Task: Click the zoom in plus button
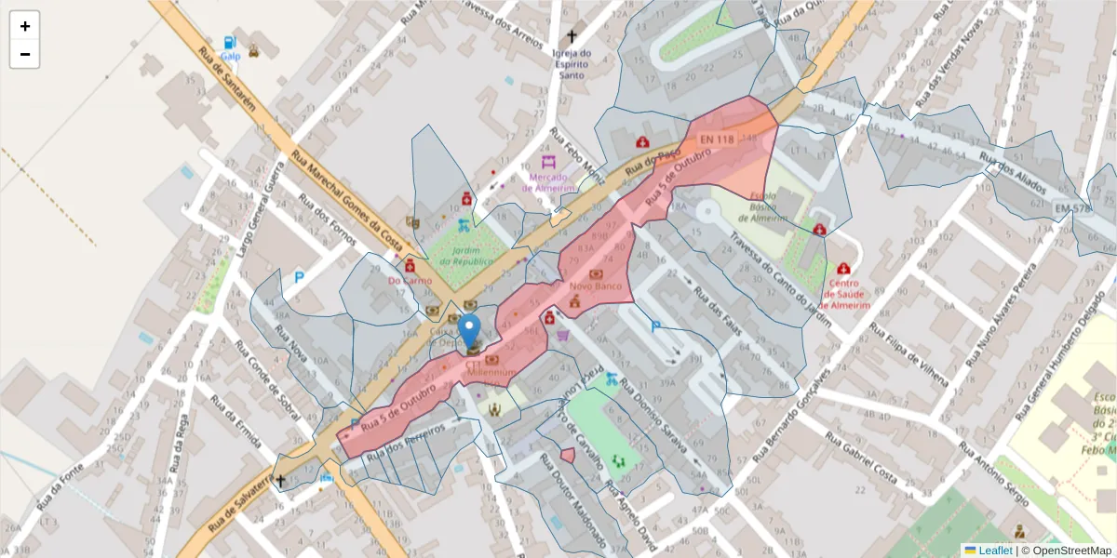(x=25, y=26)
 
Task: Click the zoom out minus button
(x=25, y=55)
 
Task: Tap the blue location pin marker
(x=470, y=331)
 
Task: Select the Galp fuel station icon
(x=229, y=43)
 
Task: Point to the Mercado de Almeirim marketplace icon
(x=547, y=162)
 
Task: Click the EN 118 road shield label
(x=718, y=139)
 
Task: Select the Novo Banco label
(x=595, y=286)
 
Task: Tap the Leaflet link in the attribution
(x=995, y=550)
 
